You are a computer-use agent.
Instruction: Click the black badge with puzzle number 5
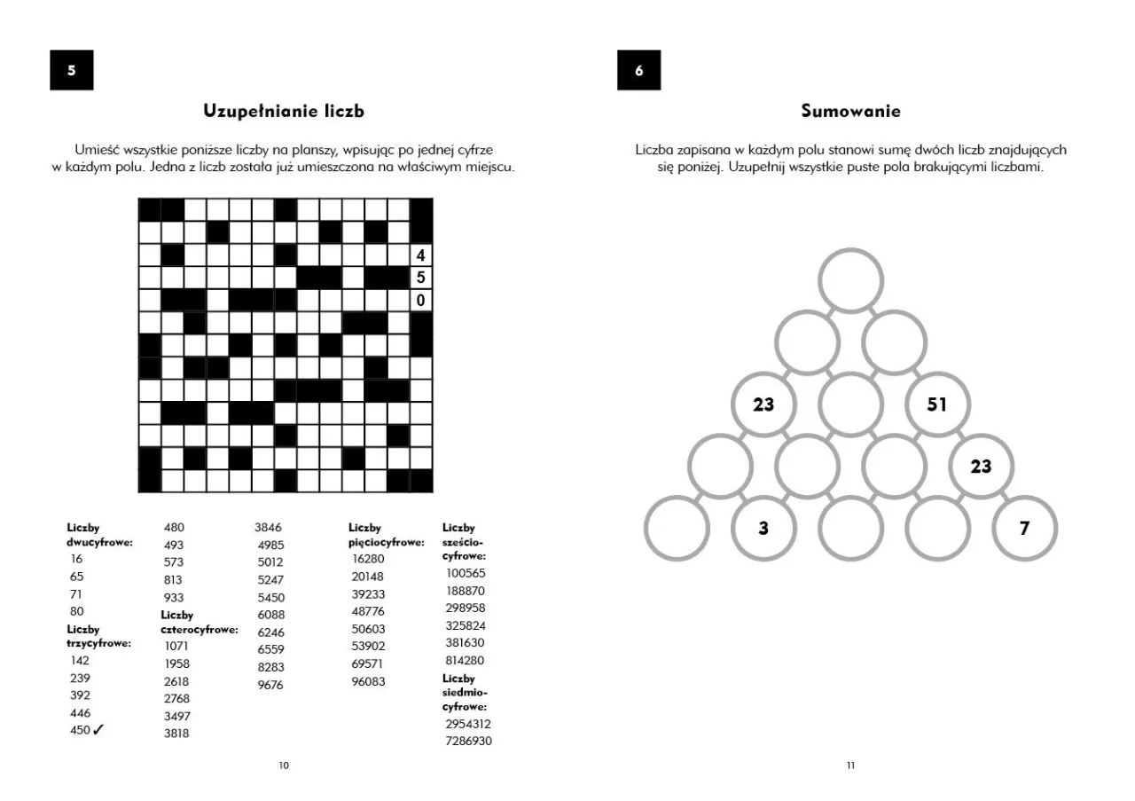pos(72,71)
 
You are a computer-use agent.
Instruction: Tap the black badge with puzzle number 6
pos(638,71)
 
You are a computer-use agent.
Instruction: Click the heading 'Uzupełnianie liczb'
pos(284,112)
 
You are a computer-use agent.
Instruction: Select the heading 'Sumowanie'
pos(850,112)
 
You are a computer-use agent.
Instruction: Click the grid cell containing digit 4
pos(420,255)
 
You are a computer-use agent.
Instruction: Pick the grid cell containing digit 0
pos(420,301)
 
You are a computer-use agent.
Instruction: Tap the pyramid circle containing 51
pos(937,404)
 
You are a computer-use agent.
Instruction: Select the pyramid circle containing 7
pos(1024,529)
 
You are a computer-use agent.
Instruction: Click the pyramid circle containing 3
pos(763,529)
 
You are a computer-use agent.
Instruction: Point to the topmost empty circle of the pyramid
pos(850,280)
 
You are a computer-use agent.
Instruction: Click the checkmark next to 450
pos(98,730)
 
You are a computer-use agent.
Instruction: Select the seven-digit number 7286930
pos(468,741)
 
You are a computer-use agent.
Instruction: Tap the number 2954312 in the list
pos(468,724)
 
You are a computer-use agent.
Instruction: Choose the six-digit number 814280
pos(465,661)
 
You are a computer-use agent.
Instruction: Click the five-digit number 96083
pos(369,681)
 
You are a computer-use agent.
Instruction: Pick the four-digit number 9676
pos(270,685)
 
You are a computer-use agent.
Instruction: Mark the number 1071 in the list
pos(176,647)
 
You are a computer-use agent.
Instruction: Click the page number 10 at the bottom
pos(284,766)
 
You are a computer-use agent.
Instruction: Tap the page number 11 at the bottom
pos(850,766)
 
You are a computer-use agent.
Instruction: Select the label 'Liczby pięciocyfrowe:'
pos(385,536)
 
